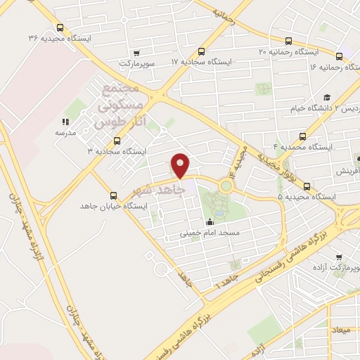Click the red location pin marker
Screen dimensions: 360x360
(181, 165)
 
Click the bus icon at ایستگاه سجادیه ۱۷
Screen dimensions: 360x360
(202, 51)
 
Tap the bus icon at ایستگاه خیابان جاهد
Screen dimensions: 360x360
(113, 195)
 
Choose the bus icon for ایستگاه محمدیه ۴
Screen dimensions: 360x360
(302, 136)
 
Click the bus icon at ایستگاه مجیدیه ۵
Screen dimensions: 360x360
(307, 186)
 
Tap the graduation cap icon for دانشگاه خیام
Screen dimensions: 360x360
(327, 97)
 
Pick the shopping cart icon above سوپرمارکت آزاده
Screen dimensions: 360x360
(340, 258)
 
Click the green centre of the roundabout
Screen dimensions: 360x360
(225, 186)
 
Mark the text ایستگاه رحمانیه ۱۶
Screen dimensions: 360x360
(336, 67)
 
